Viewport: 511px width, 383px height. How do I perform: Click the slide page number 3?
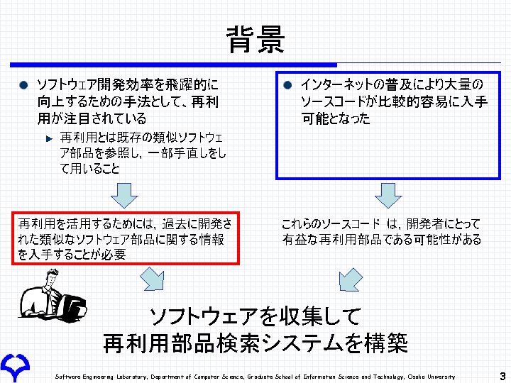pyautogui.click(x=502, y=376)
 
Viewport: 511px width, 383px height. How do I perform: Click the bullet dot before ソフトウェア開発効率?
pyautogui.click(x=24, y=85)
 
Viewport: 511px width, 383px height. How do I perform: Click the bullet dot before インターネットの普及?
pyautogui.click(x=288, y=85)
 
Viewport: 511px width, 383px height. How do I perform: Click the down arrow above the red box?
pyautogui.click(x=125, y=193)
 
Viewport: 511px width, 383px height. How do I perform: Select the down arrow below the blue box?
pyautogui.click(x=388, y=193)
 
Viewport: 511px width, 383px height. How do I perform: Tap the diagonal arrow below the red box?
pyautogui.click(x=151, y=279)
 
